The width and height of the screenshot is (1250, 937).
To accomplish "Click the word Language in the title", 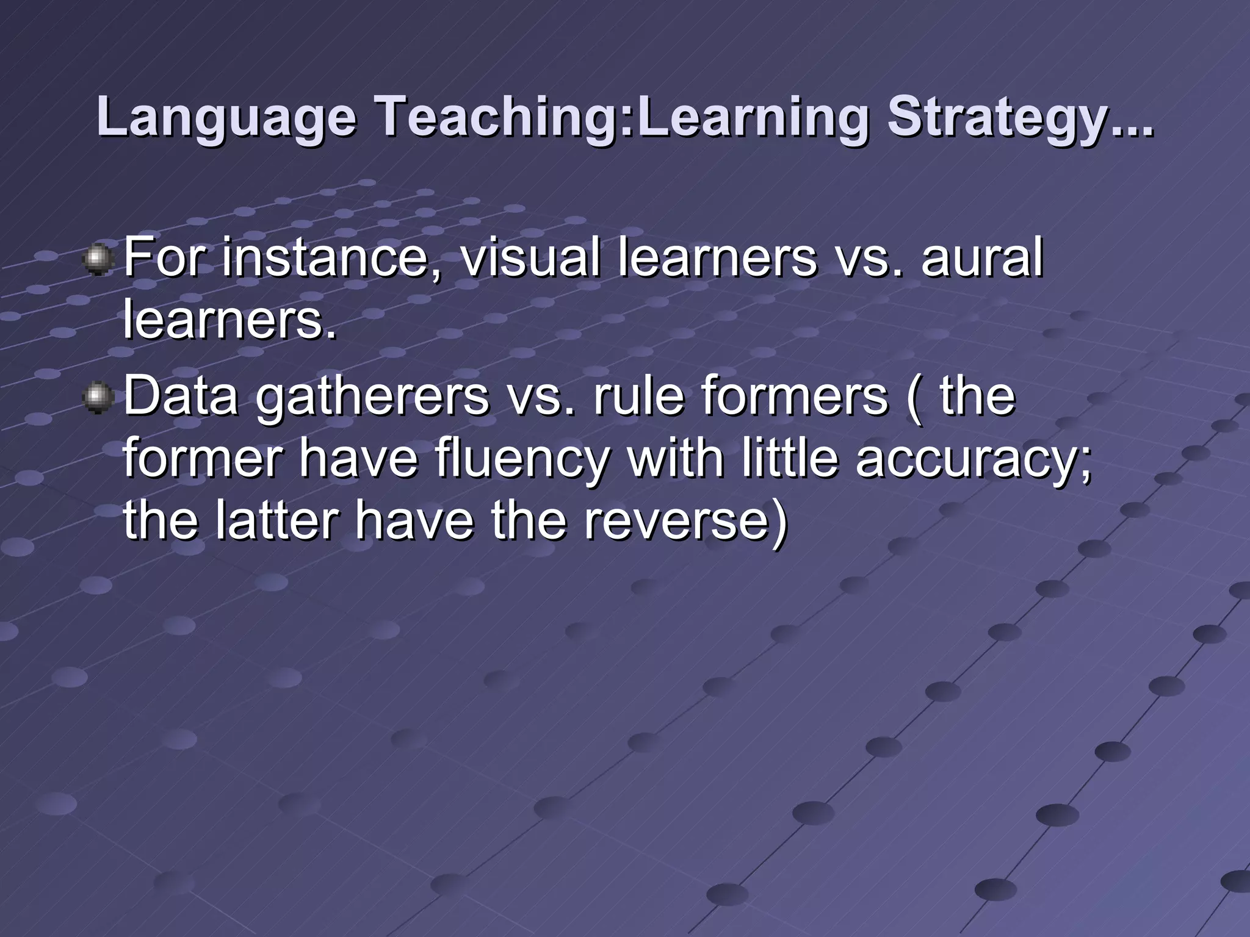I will (x=226, y=118).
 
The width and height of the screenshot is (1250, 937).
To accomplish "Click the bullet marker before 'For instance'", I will (x=97, y=260).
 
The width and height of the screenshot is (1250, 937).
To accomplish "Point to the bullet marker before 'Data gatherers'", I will (x=97, y=398).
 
